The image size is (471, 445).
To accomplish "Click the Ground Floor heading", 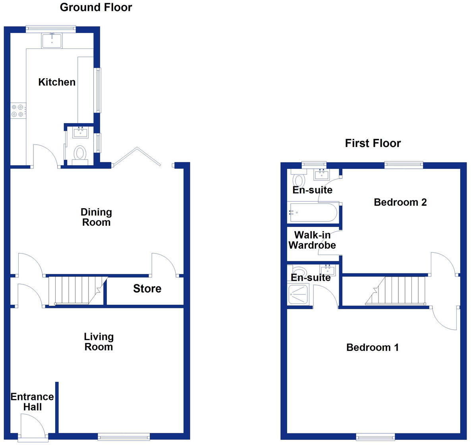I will tap(96, 7).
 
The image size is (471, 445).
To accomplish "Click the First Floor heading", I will tap(373, 143).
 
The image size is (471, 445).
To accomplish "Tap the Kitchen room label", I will tap(57, 82).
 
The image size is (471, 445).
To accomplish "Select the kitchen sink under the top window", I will tap(52, 41).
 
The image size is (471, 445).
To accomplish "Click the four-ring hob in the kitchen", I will tap(18, 110).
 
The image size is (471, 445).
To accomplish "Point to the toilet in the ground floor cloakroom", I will tap(81, 153).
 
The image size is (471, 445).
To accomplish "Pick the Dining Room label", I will tap(96, 217).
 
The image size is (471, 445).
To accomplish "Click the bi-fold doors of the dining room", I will tap(137, 157).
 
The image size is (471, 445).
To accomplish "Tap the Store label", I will tap(147, 289).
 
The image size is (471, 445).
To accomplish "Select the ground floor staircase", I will tap(75, 290).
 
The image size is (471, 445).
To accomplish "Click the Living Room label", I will tap(98, 342).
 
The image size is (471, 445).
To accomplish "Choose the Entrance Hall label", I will tap(32, 402).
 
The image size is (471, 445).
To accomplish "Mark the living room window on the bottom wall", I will tap(124, 437).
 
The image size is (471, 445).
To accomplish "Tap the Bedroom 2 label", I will tap(400, 202).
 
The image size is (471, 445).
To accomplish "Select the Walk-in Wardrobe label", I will tap(312, 240).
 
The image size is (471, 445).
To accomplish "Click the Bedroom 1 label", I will tap(372, 348).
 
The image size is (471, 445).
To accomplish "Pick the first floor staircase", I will tap(397, 290).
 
